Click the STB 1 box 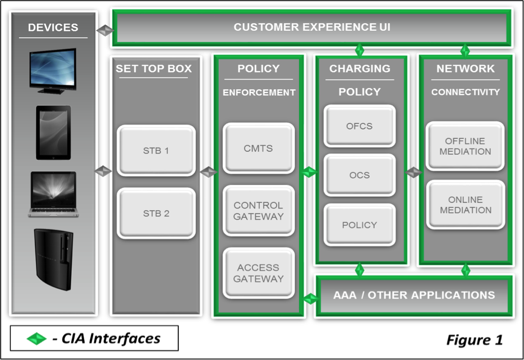click(x=156, y=151)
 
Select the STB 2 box click(x=156, y=213)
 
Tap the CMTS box click(x=258, y=149)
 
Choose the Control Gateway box click(x=258, y=211)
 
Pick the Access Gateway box click(x=258, y=273)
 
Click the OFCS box click(x=359, y=126)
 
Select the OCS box click(x=359, y=175)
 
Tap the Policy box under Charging click(x=359, y=225)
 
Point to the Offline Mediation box click(x=465, y=146)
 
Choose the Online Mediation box click(x=465, y=205)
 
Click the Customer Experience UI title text click(x=312, y=27)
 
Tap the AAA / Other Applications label click(x=414, y=295)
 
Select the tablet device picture click(x=53, y=132)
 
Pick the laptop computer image click(x=53, y=194)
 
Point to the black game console click(x=53, y=259)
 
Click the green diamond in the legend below click(x=36, y=339)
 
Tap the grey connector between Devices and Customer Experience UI click(x=105, y=30)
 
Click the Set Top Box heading click(x=154, y=69)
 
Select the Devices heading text click(x=53, y=27)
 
